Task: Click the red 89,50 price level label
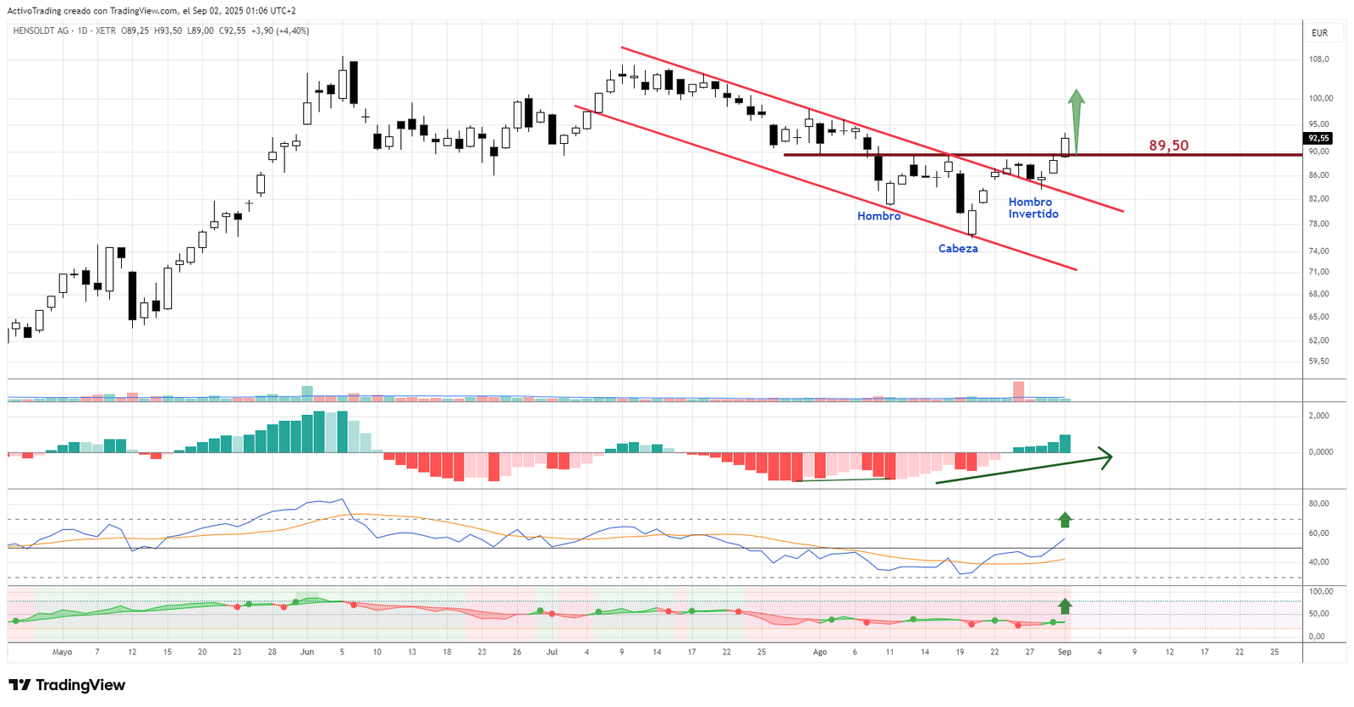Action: pos(1168,146)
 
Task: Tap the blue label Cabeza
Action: pos(958,249)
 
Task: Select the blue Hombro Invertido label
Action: pos(1032,208)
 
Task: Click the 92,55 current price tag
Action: pos(1318,138)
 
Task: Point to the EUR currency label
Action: pos(1319,33)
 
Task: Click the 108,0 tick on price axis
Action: pos(1318,59)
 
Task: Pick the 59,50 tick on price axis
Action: pos(1318,362)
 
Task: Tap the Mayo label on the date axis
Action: pos(62,652)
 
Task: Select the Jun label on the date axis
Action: pos(307,652)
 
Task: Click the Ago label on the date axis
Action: pos(819,652)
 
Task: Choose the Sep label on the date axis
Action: pos(1065,652)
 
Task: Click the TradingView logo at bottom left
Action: pos(67,685)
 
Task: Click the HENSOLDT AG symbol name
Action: pos(41,30)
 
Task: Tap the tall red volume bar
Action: pos(1018,390)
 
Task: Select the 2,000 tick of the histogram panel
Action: pos(1318,416)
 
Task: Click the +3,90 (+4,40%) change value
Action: pos(281,30)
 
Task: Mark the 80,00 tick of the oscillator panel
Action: pos(1318,504)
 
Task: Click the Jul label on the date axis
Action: pos(552,652)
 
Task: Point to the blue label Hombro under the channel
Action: pos(878,217)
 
